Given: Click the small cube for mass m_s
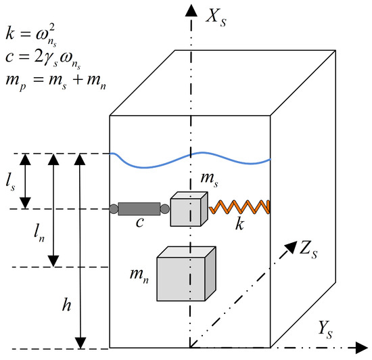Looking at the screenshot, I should click(x=187, y=208).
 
